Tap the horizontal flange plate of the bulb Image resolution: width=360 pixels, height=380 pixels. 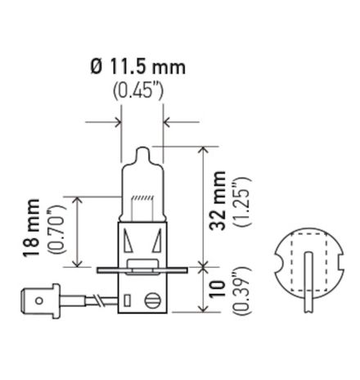pos(143,269)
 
